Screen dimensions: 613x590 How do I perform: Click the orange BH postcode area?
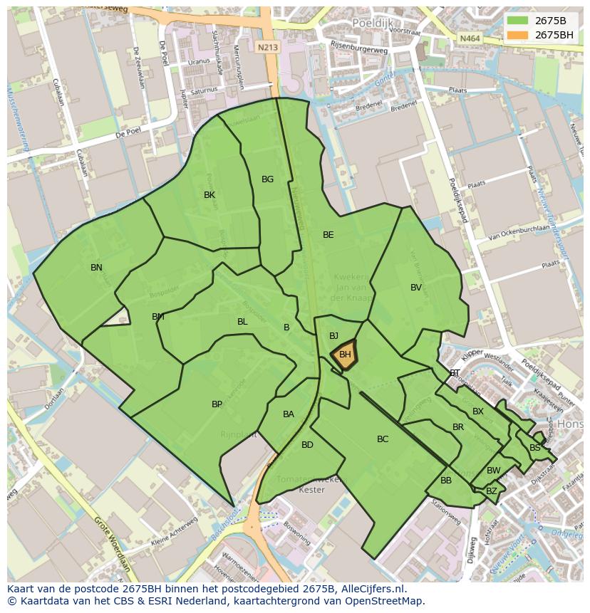point(345,355)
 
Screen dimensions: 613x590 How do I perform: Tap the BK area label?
point(209,195)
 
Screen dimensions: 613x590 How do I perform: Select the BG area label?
point(267,179)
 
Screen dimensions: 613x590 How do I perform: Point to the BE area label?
point(328,235)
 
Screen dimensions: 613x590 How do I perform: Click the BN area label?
point(96,268)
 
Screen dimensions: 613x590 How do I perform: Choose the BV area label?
point(416,288)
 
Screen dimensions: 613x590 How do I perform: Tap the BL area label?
point(242,322)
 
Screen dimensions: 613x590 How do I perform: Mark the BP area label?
point(217,404)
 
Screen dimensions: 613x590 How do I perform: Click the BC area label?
point(383,439)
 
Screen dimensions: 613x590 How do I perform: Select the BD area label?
point(307,445)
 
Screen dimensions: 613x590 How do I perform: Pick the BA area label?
point(288,414)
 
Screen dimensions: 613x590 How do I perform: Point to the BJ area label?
point(333,336)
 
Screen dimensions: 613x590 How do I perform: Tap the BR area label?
point(458,427)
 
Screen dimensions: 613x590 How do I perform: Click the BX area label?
point(478,412)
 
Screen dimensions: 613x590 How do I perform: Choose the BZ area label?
point(492,491)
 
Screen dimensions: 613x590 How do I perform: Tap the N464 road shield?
point(469,38)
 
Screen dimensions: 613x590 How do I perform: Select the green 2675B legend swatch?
point(517,21)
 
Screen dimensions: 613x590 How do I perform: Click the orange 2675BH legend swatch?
point(517,35)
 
